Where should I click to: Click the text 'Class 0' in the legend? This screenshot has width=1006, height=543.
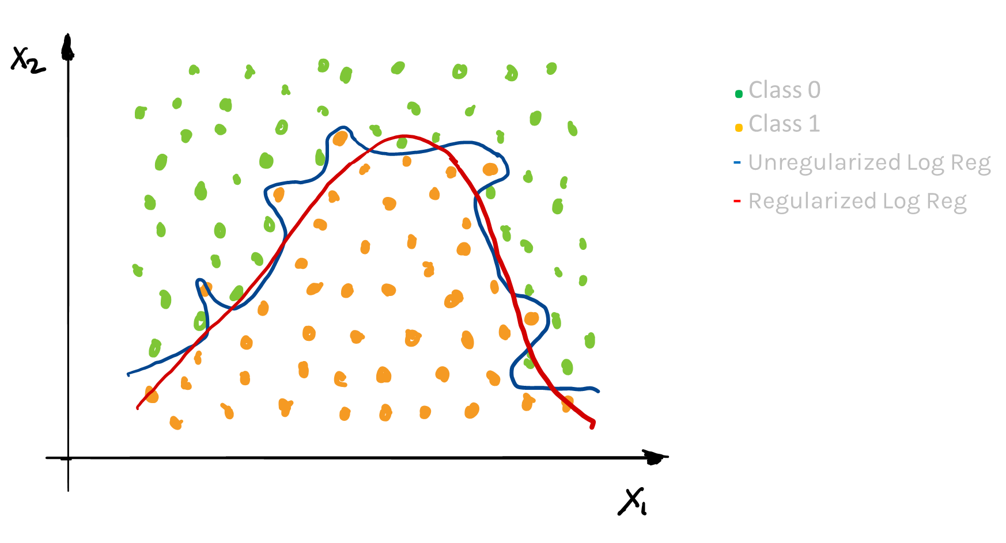point(784,90)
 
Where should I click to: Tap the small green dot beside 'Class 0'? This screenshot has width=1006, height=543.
point(739,94)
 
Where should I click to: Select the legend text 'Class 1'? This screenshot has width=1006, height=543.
point(784,124)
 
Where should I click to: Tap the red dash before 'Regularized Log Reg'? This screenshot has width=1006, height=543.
point(737,202)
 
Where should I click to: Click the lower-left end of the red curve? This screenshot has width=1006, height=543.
point(137,408)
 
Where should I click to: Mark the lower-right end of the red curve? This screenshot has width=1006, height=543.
point(592,427)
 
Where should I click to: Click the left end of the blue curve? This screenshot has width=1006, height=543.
point(128,374)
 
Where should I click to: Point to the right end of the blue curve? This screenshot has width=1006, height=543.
point(599,391)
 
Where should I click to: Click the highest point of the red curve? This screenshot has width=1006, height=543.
point(403,136)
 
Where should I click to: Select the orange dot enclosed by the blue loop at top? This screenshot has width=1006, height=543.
point(341,138)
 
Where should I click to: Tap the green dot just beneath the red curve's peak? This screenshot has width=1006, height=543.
point(402,143)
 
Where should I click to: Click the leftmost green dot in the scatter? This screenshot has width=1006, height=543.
point(137,269)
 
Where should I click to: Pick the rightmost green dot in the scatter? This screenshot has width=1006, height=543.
point(589,340)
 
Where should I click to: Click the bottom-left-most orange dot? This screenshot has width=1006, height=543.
point(176,423)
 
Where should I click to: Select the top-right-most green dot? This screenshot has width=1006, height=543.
point(551,69)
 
